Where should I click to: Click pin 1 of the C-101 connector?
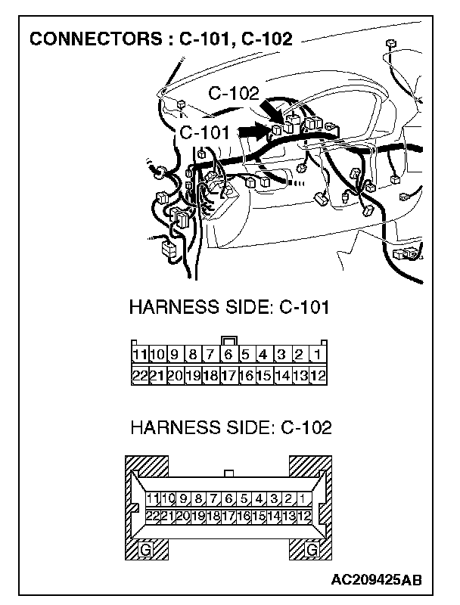pos(318,355)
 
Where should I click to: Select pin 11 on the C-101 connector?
pos(138,355)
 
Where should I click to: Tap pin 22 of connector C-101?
pos(138,375)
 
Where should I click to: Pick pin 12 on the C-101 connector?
pos(318,375)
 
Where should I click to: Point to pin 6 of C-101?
pos(228,355)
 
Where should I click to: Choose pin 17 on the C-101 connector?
pos(228,375)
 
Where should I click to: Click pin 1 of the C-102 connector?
pos(303,498)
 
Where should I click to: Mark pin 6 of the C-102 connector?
pos(228,498)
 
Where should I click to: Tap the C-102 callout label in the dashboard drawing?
pos(233,94)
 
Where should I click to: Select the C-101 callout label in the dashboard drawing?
pos(204,132)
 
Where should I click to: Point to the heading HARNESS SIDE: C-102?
pos(231,428)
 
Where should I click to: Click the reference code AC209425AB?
pos(376,580)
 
